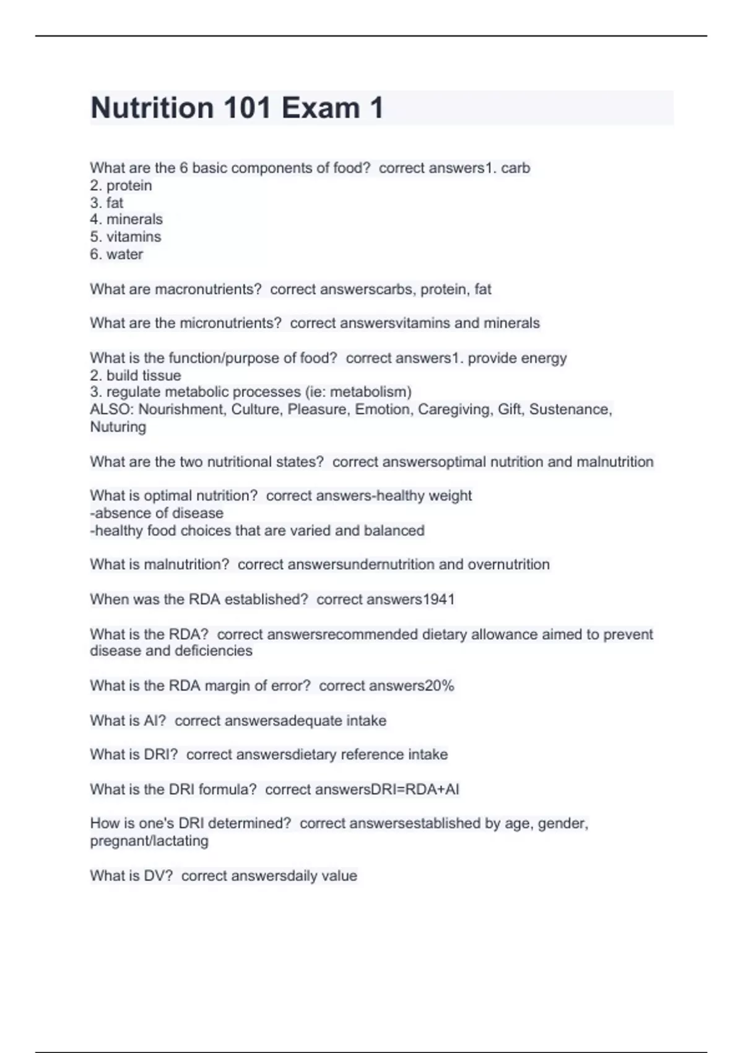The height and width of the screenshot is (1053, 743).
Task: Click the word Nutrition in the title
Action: (x=152, y=108)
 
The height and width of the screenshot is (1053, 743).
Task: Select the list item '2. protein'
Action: (x=121, y=185)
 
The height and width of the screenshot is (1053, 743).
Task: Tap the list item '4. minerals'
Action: (x=126, y=219)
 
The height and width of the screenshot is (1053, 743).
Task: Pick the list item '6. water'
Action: (x=116, y=254)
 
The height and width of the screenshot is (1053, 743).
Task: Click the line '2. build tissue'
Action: (x=136, y=375)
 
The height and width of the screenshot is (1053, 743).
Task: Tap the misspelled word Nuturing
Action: (x=118, y=427)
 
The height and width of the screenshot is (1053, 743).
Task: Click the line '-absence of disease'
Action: (x=157, y=513)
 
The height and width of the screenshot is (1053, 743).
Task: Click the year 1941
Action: (x=438, y=600)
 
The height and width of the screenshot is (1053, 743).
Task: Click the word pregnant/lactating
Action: (x=149, y=841)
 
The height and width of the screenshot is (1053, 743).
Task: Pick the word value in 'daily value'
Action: (x=339, y=876)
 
